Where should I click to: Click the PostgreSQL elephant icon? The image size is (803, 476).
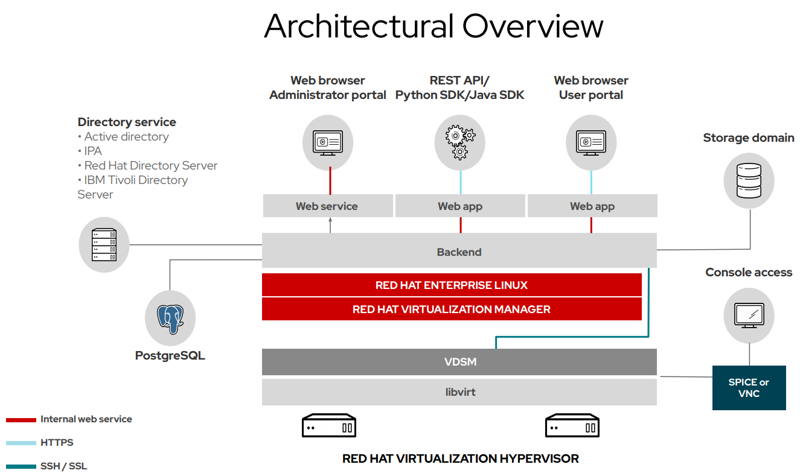[170, 319]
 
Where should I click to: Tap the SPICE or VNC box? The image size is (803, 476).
[749, 388]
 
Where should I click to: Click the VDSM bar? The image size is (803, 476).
[459, 362]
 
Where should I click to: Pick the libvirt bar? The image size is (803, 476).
[459, 392]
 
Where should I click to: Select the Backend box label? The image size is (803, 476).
[459, 252]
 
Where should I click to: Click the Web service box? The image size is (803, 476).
[327, 206]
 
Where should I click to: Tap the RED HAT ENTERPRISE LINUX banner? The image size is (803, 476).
[451, 285]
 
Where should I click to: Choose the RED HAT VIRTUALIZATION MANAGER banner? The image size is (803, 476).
[451, 309]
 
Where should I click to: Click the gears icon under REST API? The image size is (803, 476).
[460, 142]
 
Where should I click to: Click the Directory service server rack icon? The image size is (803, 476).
[104, 245]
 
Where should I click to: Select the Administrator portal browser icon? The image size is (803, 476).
[328, 142]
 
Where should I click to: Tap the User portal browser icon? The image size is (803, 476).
[591, 142]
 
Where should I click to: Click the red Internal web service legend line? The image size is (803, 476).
[21, 420]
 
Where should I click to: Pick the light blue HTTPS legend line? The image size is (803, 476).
[21, 443]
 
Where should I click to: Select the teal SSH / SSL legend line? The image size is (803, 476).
[21, 466]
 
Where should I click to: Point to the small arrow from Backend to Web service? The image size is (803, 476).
[330, 225]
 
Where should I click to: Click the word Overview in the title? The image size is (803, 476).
[533, 27]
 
